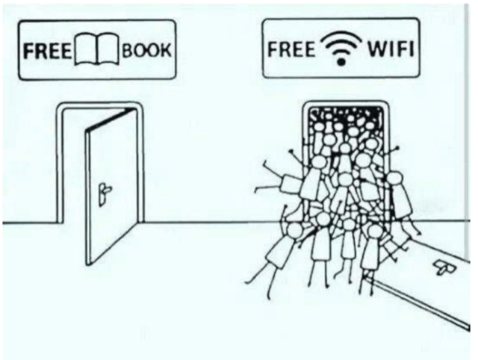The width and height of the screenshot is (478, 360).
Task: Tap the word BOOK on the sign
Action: [148, 53]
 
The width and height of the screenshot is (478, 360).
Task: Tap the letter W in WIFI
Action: [376, 53]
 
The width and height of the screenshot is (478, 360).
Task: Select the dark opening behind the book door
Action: [75, 172]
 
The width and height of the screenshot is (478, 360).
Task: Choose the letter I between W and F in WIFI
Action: [389, 53]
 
